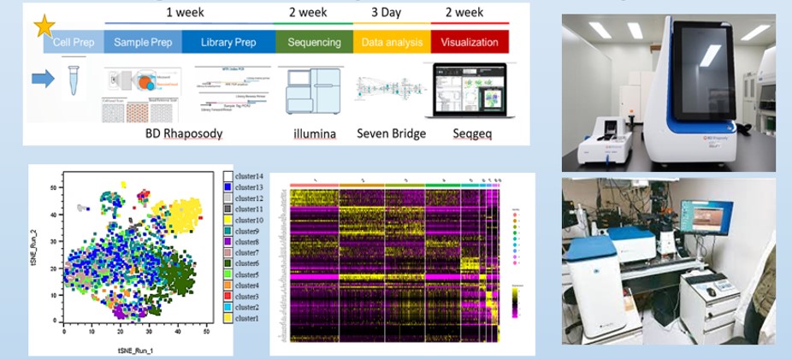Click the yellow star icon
click(43, 26)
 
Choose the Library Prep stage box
click(228, 42)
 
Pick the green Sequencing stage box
click(314, 42)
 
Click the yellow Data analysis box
click(392, 42)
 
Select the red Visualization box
click(470, 42)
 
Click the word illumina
click(314, 133)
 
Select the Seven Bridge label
click(391, 133)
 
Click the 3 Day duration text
click(386, 13)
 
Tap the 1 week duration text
click(185, 13)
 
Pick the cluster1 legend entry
click(247, 318)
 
